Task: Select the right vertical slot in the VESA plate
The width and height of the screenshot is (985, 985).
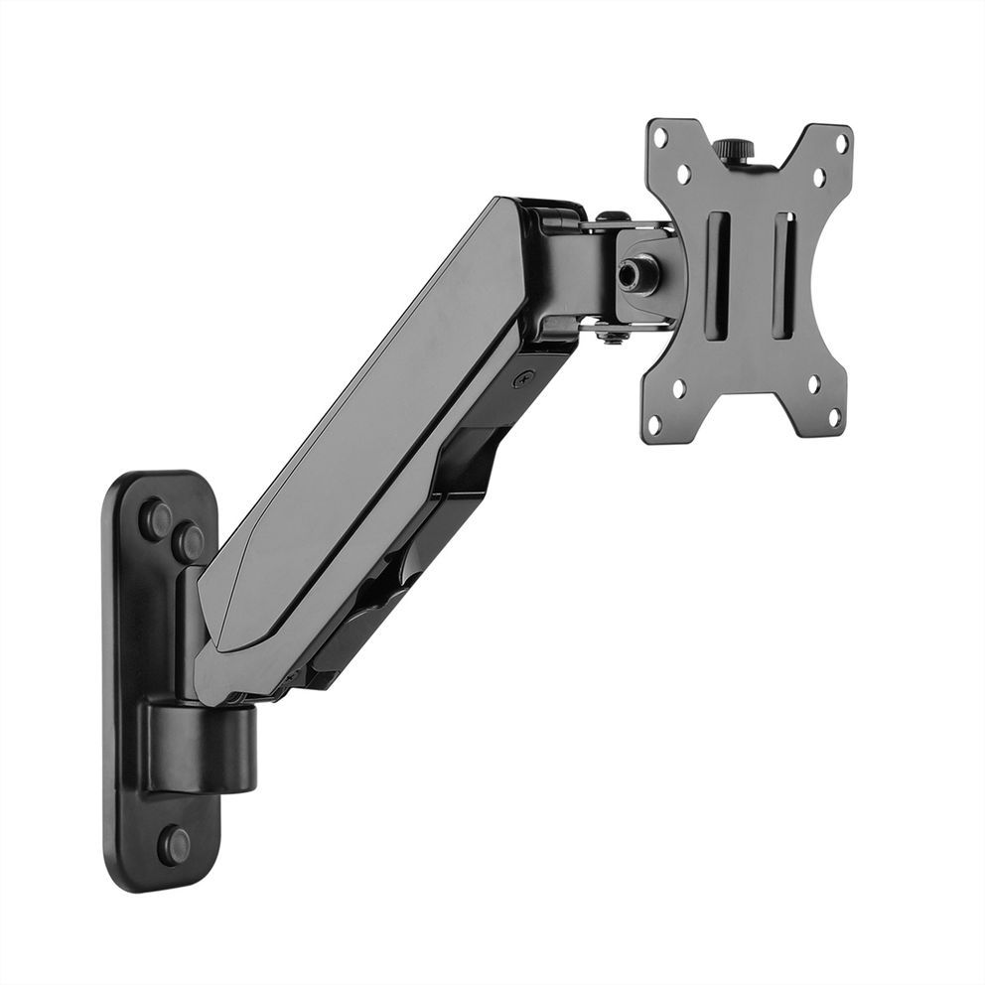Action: [x=783, y=277]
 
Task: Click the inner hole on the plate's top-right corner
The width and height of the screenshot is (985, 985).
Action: [x=819, y=178]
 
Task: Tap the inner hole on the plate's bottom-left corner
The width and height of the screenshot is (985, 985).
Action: [x=679, y=388]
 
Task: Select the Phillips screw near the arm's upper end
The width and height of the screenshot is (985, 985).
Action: [x=523, y=377]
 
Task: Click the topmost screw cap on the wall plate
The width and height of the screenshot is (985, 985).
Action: [x=155, y=517]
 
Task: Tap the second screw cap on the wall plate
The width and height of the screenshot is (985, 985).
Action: [x=187, y=541]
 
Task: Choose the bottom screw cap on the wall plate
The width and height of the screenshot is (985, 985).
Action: [x=174, y=844]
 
